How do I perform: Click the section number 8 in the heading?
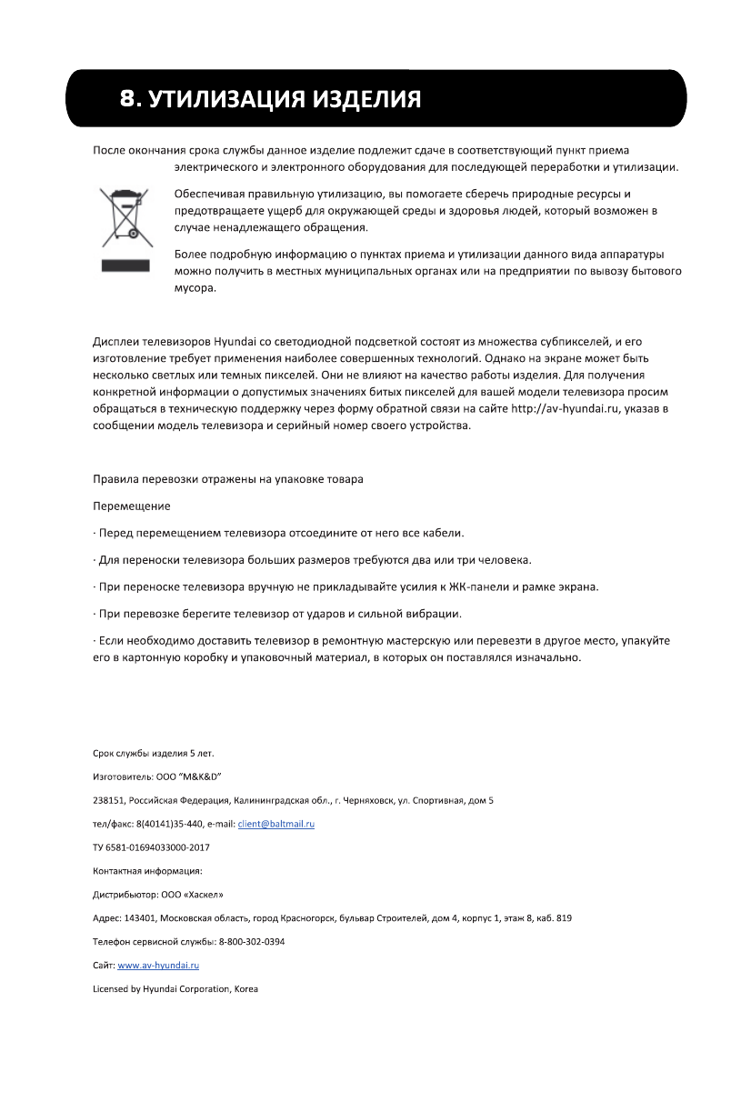[x=128, y=98]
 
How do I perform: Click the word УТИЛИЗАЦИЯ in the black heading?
[x=225, y=98]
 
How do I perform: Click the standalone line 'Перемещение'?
[x=132, y=506]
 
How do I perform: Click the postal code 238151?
[x=108, y=800]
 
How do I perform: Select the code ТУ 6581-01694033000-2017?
[x=151, y=847]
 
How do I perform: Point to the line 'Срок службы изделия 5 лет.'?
[x=154, y=753]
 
